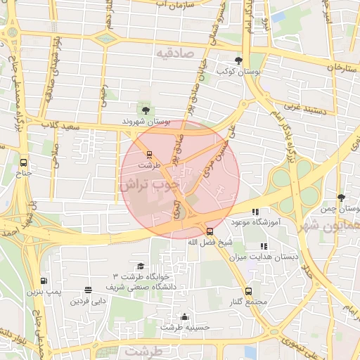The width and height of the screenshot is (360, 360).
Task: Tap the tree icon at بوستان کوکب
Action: (240, 60)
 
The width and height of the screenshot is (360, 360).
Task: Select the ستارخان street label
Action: (342, 67)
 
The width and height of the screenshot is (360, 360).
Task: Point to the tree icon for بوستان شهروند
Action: (146, 110)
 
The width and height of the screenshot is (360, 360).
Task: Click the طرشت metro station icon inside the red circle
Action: (149, 154)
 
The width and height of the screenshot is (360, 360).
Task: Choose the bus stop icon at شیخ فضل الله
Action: (210, 231)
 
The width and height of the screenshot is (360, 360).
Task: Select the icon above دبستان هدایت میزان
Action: (264, 246)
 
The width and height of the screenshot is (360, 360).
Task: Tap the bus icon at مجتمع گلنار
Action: (248, 290)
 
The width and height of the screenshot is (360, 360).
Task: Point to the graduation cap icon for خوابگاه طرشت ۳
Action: (141, 266)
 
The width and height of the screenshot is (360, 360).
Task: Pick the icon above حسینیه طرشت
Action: (184, 316)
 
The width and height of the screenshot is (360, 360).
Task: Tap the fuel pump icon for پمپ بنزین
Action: (44, 281)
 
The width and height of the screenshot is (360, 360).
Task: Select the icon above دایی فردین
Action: (88, 290)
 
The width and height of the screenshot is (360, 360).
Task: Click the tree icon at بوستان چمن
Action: (341, 198)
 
